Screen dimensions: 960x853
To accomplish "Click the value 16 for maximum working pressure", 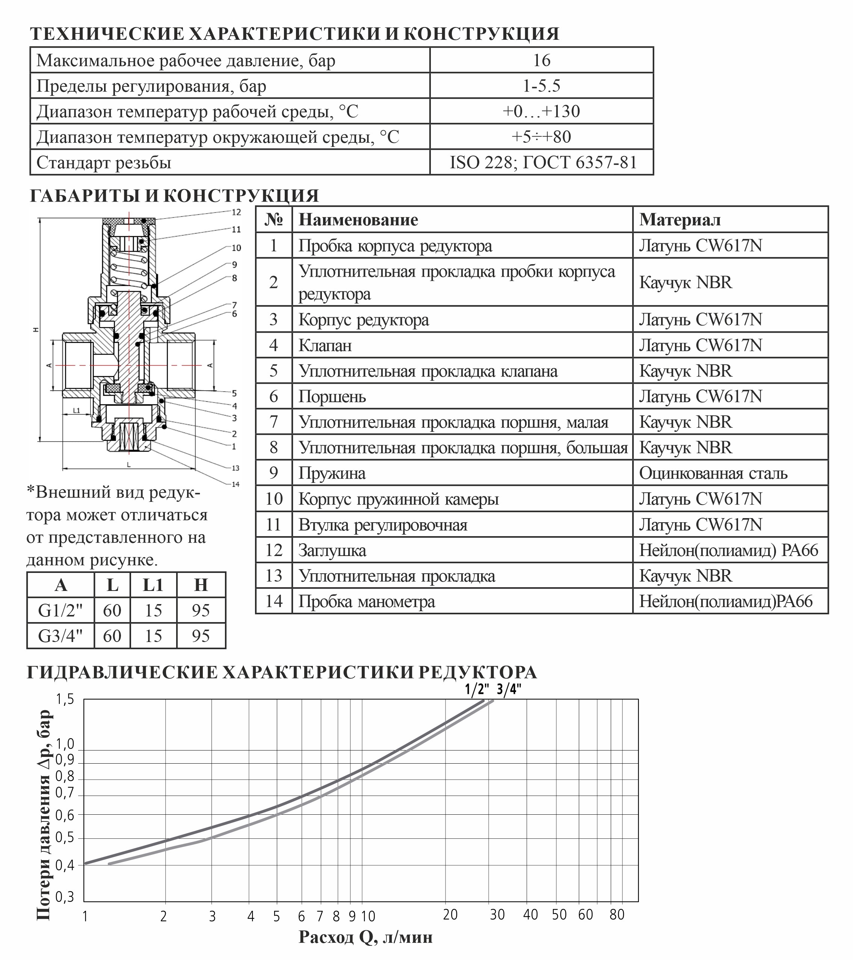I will tap(541, 60).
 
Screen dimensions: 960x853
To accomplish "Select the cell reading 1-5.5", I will tap(541, 86).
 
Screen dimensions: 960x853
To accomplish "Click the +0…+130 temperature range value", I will tap(541, 111).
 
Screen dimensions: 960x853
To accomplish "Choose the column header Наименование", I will tap(358, 220).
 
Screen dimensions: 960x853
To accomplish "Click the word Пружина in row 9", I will tap(332, 473).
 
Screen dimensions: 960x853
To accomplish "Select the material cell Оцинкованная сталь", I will tap(713, 473).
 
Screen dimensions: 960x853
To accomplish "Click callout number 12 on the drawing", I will tap(236, 212).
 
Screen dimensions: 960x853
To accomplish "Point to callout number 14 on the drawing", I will tap(236, 484).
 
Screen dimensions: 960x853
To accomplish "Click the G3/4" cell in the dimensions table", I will tap(60, 636).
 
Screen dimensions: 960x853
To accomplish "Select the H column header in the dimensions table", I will tap(201, 585).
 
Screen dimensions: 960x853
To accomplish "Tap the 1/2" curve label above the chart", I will tap(477, 689).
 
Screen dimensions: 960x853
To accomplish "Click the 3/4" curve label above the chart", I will tap(509, 689).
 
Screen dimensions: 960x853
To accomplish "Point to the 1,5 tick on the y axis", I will tap(65, 700).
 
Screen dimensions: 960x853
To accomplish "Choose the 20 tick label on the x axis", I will tap(450, 915).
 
